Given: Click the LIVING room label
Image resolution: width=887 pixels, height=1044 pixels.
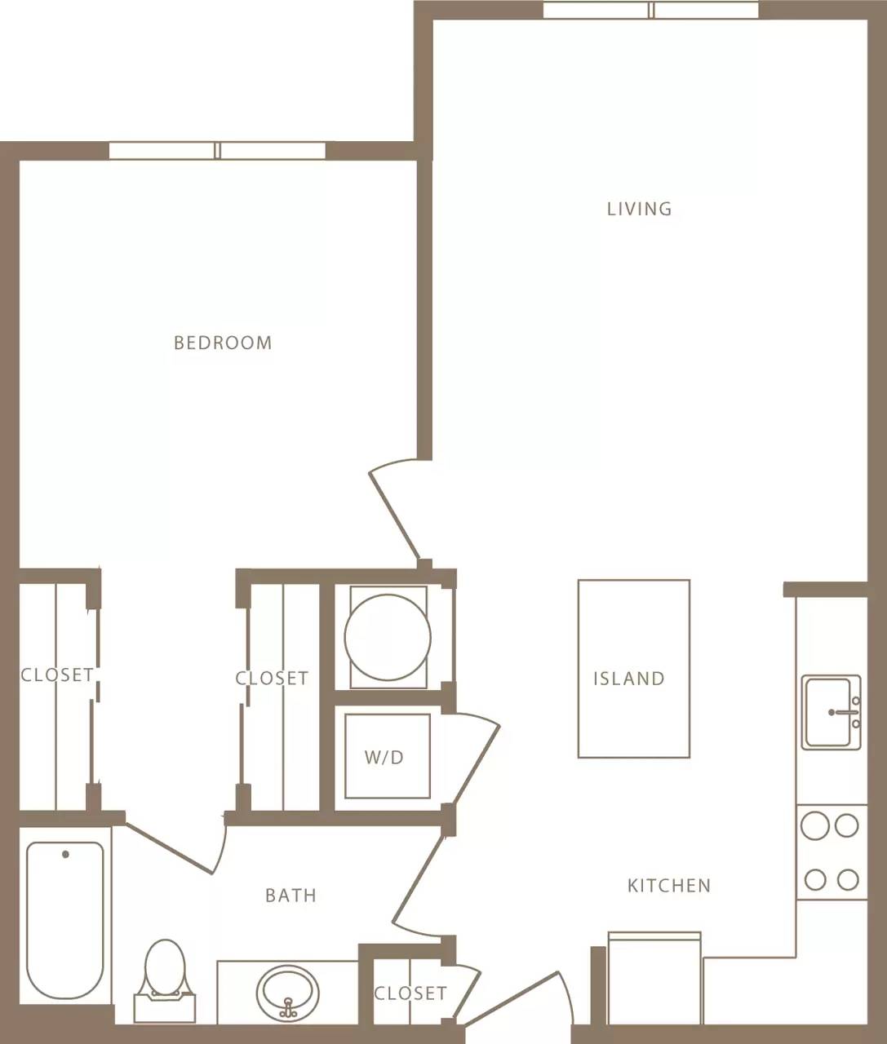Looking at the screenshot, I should [x=639, y=209].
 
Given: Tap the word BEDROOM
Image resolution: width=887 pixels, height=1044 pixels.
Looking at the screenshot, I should [x=223, y=343].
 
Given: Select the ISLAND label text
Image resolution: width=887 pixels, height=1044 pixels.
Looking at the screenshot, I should [x=628, y=679].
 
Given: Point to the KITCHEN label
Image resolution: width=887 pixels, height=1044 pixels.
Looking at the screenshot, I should [x=668, y=886].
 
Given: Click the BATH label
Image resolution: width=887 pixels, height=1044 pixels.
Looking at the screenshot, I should [x=290, y=896].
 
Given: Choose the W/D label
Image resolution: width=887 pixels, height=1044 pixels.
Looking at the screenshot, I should [x=384, y=758].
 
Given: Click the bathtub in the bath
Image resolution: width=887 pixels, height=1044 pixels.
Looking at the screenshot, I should [x=65, y=922].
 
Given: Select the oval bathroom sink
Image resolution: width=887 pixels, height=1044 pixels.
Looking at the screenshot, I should [x=287, y=991].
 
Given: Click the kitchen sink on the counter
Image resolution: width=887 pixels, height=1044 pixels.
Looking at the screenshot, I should [x=831, y=712].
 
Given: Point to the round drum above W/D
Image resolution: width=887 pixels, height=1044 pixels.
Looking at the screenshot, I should [x=387, y=638].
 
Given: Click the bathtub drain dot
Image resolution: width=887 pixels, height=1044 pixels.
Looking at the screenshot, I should [x=65, y=855].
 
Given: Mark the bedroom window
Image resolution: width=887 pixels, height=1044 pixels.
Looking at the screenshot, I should [x=217, y=151].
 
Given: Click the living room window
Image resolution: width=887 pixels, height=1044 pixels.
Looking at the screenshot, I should [x=651, y=10].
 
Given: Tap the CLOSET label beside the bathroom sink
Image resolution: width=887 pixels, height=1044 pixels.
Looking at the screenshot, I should [x=410, y=993].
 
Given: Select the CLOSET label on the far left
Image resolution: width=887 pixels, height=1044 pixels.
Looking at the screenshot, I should [x=56, y=675].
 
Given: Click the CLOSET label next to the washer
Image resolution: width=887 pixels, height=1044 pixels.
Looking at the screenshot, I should [x=272, y=679].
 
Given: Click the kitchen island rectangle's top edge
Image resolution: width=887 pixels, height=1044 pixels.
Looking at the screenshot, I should [x=633, y=581].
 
